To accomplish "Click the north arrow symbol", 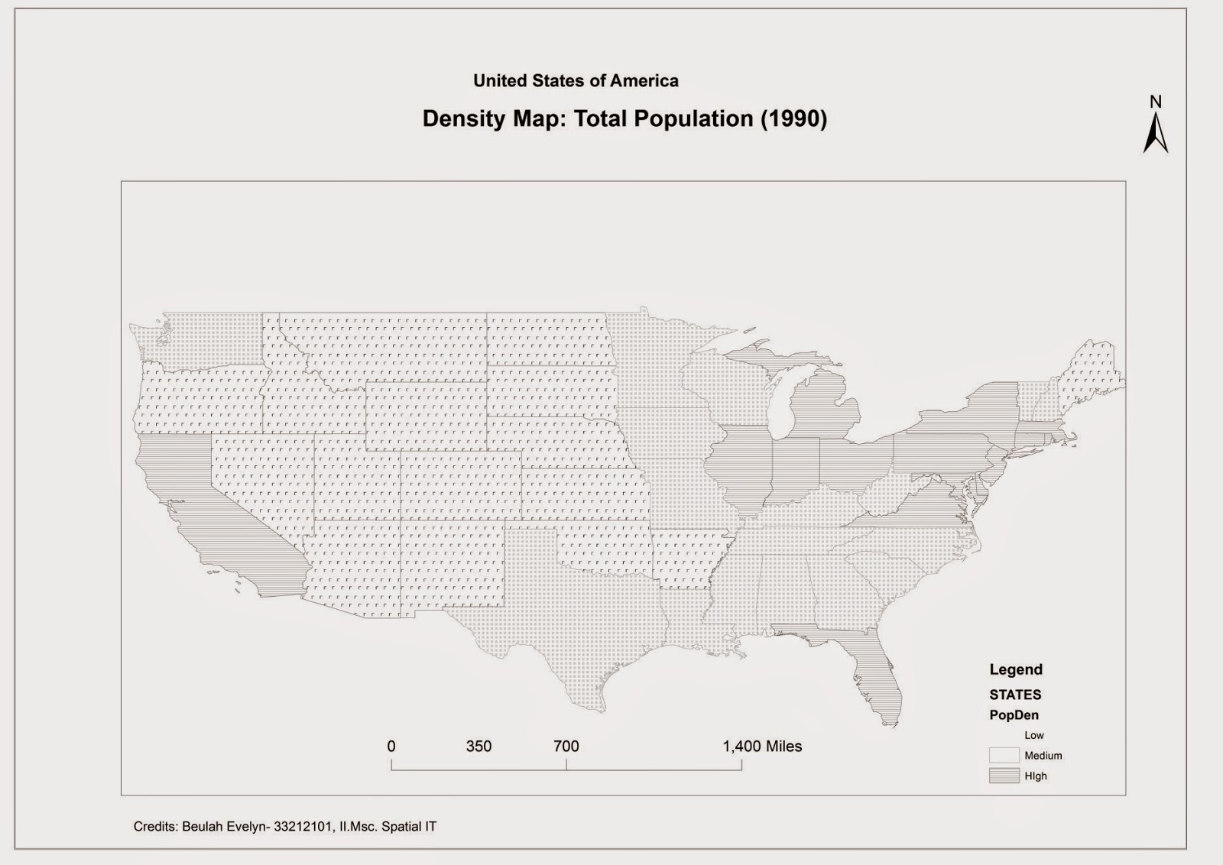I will pos(1155,133).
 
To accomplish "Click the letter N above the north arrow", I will pos(1156,102).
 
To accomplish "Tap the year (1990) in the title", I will pos(793,119).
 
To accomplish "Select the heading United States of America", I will pos(576,81).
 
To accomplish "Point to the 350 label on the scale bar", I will pos(478,747).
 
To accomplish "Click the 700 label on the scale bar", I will pos(566,747).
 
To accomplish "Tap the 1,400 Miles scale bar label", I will pos(762,747).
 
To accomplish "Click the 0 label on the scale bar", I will pos(391,747).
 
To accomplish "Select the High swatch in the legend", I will pos(1004,776).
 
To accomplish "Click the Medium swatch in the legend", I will pos(1004,755).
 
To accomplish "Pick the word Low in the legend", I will pos(1033,735).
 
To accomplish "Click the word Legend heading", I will pos(1016,669).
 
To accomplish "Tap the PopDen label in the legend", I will pos(1014,715).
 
